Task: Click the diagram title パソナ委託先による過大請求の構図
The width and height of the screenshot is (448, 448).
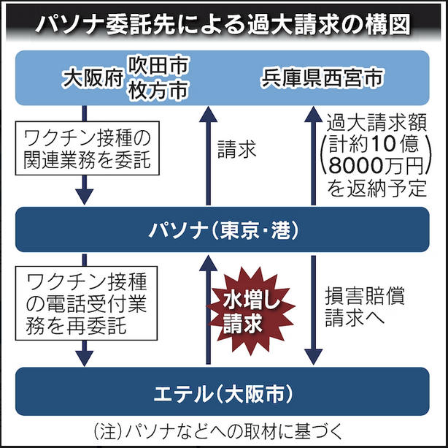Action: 223,23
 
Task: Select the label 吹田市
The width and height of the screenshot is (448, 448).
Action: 158,66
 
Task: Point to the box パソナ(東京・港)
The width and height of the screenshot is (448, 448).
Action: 223,230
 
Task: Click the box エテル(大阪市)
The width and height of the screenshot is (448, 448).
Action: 223,393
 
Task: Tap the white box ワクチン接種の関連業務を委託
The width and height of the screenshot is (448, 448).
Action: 87,148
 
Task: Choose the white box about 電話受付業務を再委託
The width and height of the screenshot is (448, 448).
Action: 87,302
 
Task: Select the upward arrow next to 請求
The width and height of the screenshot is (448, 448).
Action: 206,153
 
